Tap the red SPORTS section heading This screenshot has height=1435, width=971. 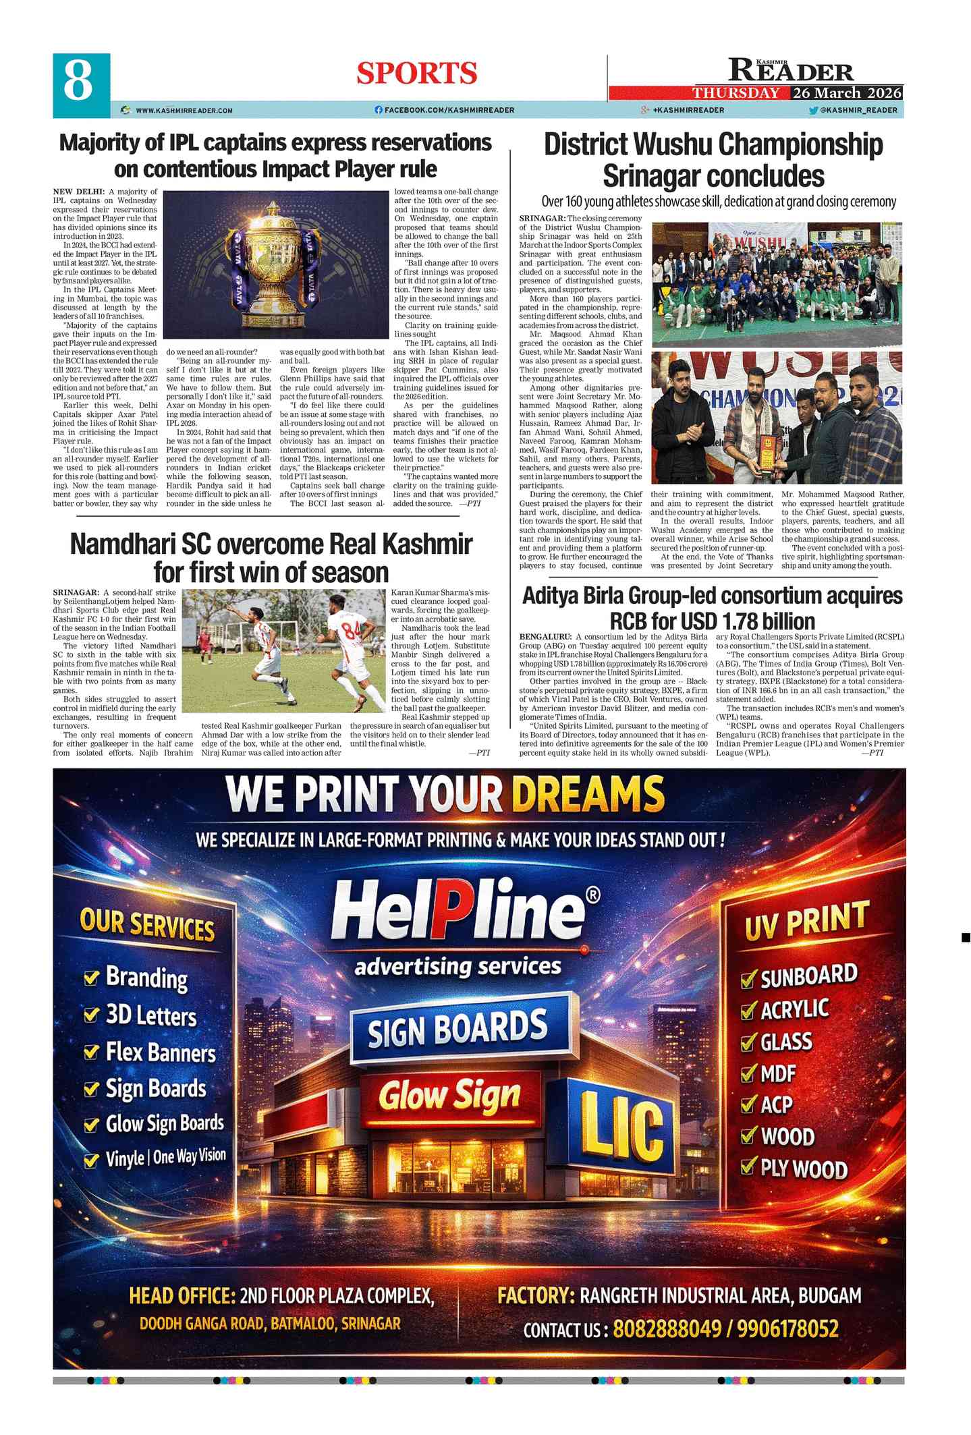[416, 74]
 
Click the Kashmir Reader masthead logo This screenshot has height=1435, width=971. [791, 70]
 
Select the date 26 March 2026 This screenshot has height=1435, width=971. [847, 93]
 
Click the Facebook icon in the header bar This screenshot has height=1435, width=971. [379, 110]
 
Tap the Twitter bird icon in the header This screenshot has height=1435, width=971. [813, 110]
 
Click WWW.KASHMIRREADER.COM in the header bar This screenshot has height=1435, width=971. [184, 110]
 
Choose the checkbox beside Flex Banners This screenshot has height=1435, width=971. [91, 1052]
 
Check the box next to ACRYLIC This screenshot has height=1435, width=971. [748, 1011]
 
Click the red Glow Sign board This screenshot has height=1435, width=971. [449, 1096]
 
